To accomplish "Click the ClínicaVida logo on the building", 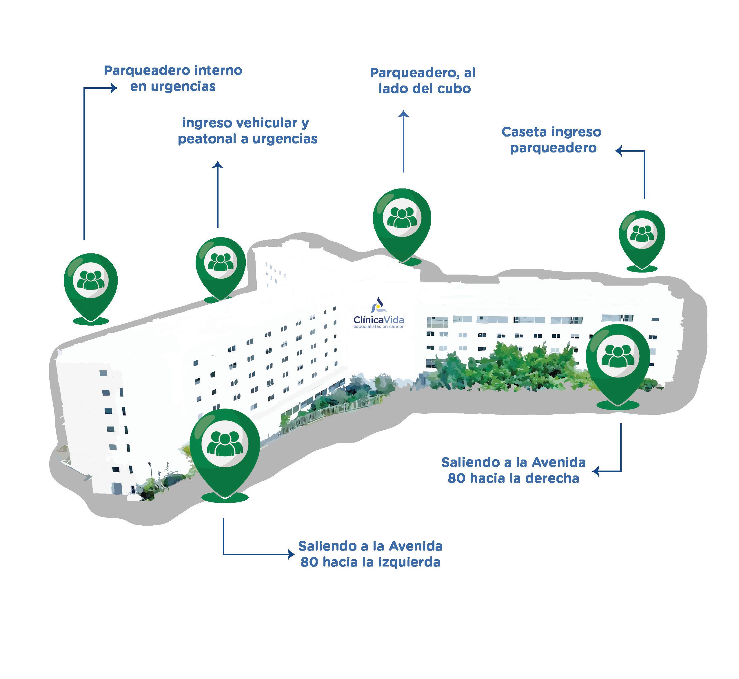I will (378, 313).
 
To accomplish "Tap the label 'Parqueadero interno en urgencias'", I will (173, 78).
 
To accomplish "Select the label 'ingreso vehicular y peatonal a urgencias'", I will (247, 131).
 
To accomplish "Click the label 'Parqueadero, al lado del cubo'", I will (423, 81).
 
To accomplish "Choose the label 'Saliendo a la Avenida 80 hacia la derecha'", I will (513, 470).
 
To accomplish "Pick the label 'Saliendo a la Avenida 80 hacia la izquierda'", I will (370, 554).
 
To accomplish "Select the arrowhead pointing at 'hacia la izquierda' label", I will (291, 554).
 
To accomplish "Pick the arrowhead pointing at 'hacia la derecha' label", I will (596, 471).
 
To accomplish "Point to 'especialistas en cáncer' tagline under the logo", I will (378, 327).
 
